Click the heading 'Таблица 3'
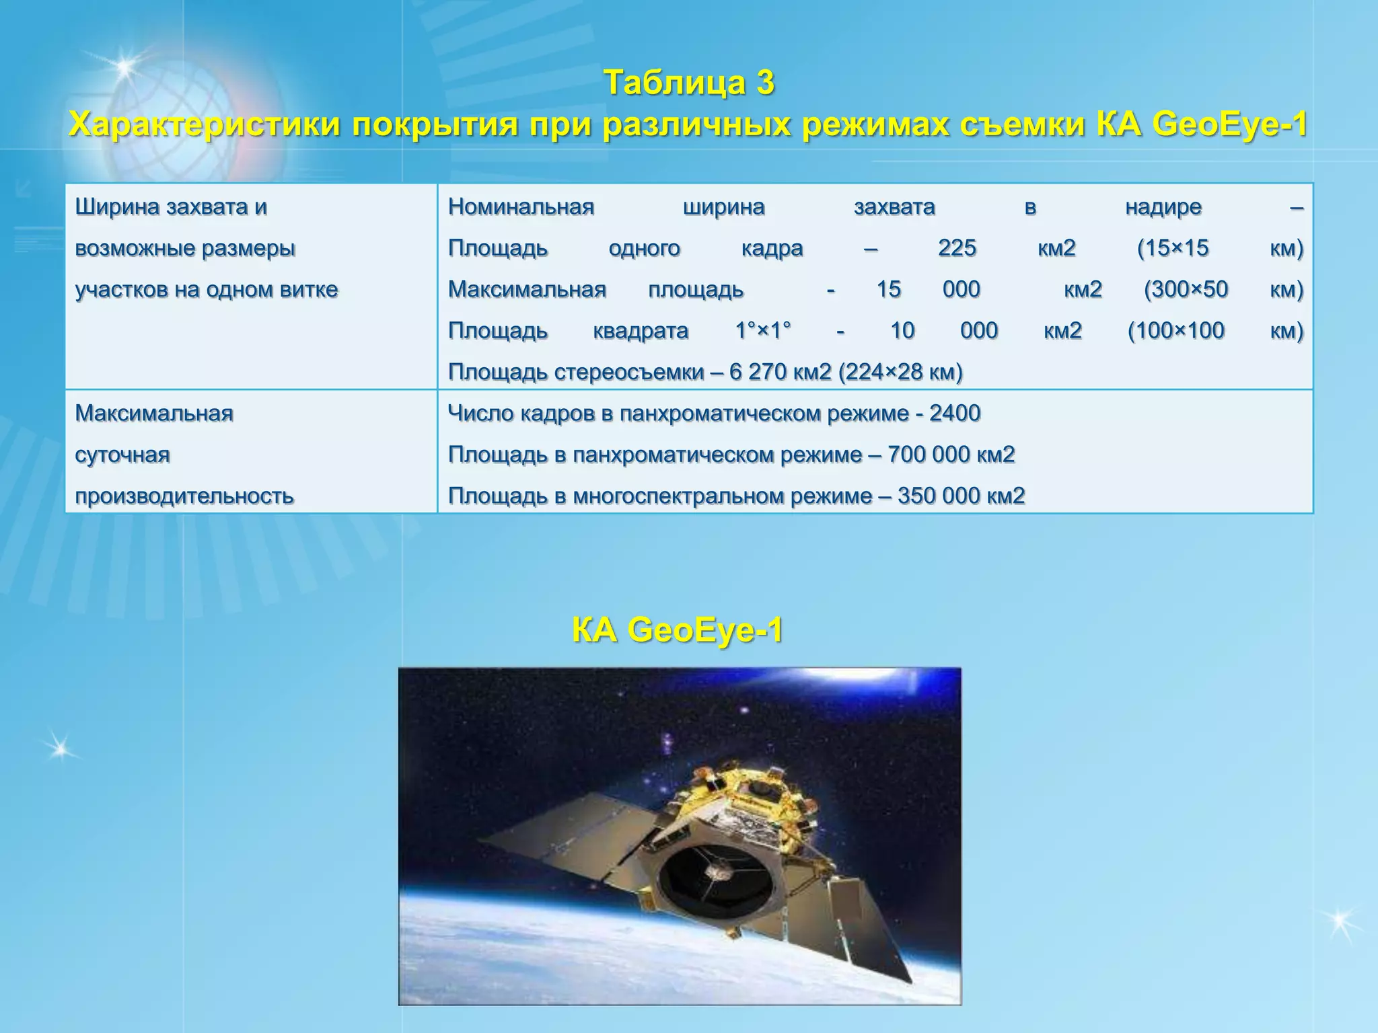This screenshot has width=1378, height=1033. [x=689, y=83]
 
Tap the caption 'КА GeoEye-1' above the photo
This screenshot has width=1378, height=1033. [x=678, y=631]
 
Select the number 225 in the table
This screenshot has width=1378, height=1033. [x=957, y=248]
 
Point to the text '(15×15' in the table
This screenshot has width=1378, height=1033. [x=1173, y=248]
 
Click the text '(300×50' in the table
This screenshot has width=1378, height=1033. [x=1186, y=289]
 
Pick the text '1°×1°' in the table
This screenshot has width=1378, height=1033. [x=763, y=331]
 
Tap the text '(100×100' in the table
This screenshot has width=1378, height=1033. [x=1175, y=331]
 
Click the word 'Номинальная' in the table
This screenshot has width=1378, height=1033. [x=521, y=206]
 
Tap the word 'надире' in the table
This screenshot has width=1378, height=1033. [x=1163, y=206]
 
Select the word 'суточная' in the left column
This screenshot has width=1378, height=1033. [x=122, y=455]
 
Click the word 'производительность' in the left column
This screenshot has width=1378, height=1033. [x=184, y=496]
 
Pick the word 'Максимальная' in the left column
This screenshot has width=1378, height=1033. [x=154, y=413]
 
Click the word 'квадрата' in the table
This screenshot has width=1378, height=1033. [x=641, y=331]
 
